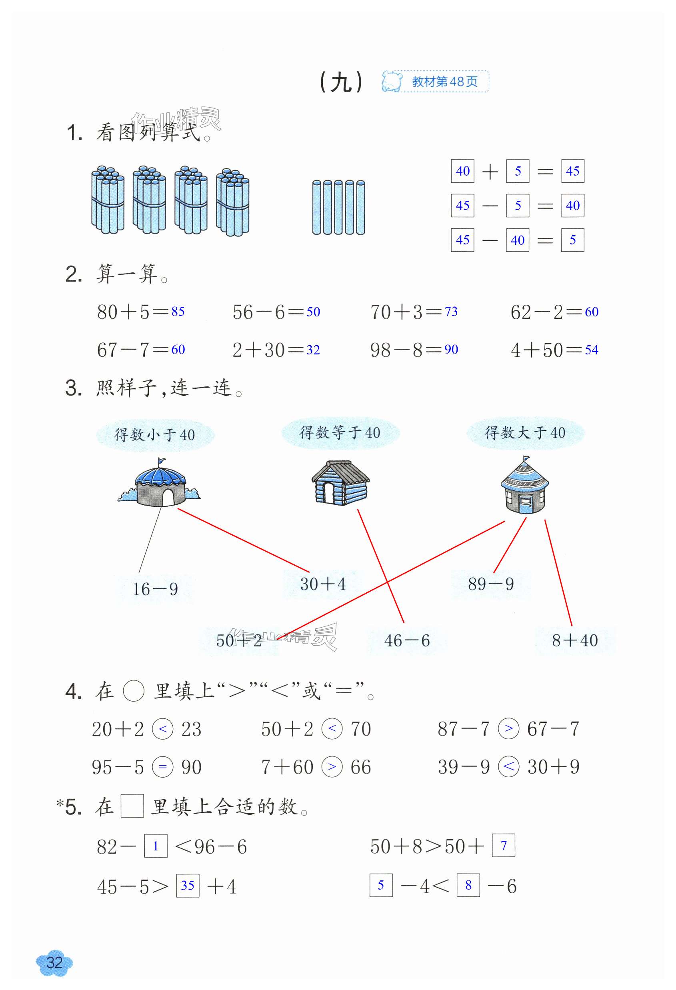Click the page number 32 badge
pyautogui.click(x=54, y=962)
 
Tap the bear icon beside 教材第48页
pyautogui.click(x=392, y=81)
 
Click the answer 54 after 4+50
pyautogui.click(x=591, y=350)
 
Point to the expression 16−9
pyautogui.click(x=155, y=589)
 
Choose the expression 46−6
pyautogui.click(x=407, y=640)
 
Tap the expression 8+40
pyautogui.click(x=575, y=640)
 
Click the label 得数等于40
pyautogui.click(x=340, y=433)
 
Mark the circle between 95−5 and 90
pyautogui.click(x=163, y=767)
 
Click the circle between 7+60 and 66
pyautogui.click(x=332, y=767)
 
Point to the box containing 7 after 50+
pyautogui.click(x=504, y=846)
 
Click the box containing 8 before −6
pyautogui.click(x=468, y=885)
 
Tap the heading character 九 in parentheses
pyautogui.click(x=341, y=82)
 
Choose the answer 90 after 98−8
pyautogui.click(x=451, y=350)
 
